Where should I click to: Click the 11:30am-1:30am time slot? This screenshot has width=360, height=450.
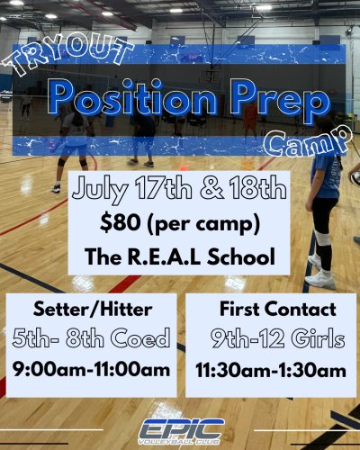[269, 369]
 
